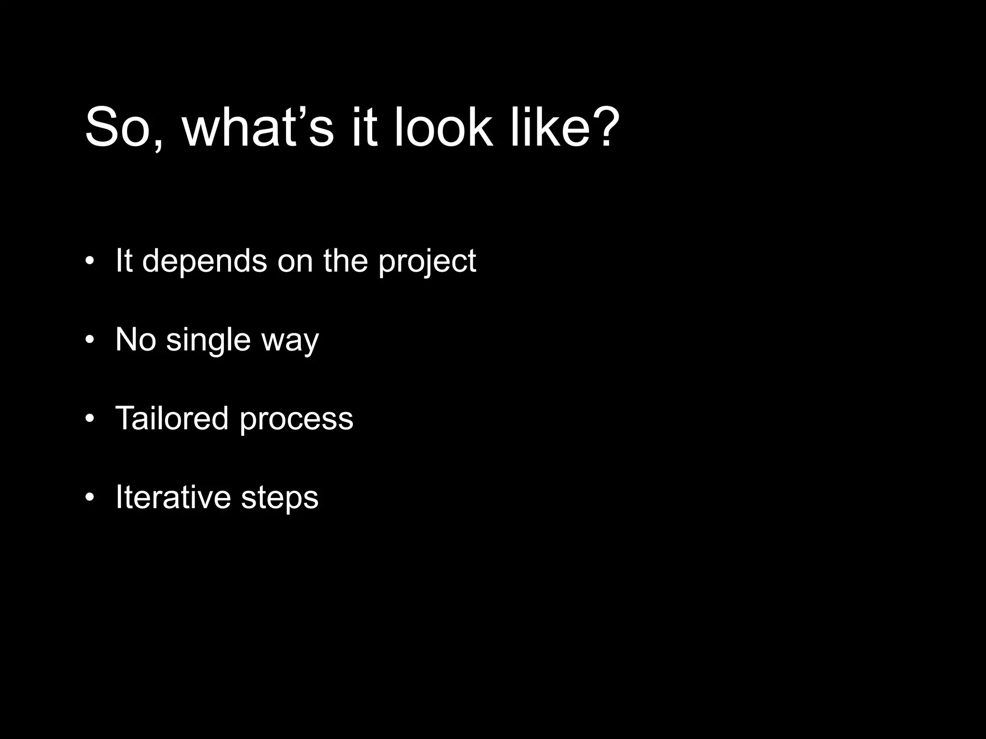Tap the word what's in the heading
(258, 128)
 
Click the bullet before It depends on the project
(89, 261)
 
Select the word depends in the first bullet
(204, 261)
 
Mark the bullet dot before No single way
(89, 340)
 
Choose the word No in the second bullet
(136, 340)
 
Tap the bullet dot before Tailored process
(89, 419)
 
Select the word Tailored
(172, 418)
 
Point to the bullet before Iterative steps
(89, 497)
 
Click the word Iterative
(173, 497)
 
